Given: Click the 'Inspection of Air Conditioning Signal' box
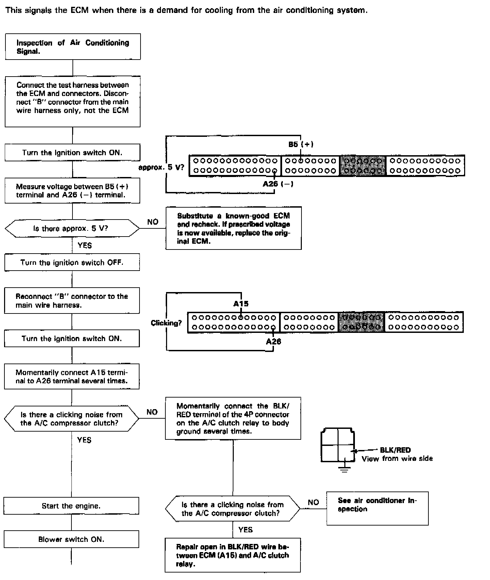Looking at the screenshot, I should [x=73, y=47].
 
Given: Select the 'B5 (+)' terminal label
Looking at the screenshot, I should [x=301, y=144].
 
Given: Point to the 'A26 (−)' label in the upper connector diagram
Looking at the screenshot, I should [x=278, y=184].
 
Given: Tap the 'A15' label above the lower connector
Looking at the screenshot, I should [x=241, y=304].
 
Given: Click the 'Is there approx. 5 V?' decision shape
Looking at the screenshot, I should [x=72, y=228].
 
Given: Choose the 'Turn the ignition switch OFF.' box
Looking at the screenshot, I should [x=72, y=262].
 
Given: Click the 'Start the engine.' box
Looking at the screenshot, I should [x=71, y=506].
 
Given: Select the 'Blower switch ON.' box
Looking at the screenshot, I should [x=71, y=539].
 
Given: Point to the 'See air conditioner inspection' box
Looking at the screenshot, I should [x=377, y=508].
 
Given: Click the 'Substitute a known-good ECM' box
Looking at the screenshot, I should [x=233, y=228].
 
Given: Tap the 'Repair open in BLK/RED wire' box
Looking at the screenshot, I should [x=233, y=555].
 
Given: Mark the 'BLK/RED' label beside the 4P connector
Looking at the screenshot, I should [x=395, y=450].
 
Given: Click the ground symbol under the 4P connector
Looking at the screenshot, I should [x=345, y=470].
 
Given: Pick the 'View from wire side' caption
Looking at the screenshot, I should [x=397, y=459].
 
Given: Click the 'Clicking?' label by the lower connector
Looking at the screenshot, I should [x=166, y=323].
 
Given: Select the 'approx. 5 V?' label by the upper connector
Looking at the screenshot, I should [x=161, y=167].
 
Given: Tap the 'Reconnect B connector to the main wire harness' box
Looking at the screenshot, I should [x=72, y=301].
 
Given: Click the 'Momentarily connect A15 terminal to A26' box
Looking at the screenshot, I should [x=72, y=376].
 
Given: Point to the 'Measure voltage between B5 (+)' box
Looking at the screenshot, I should [x=72, y=191].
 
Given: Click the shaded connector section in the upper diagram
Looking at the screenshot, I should [x=363, y=165].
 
